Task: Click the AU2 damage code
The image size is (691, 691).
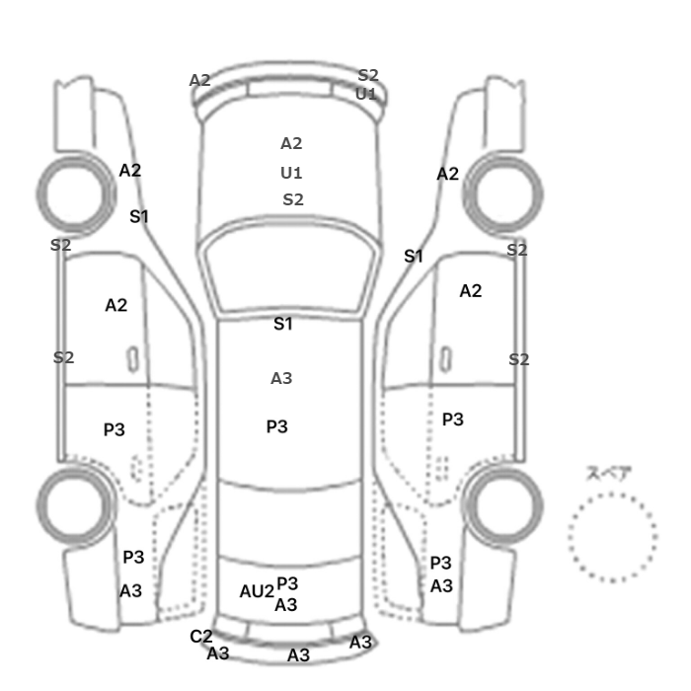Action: click(257, 591)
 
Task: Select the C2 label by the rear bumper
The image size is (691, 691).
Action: click(201, 637)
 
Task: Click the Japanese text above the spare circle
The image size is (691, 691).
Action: click(603, 473)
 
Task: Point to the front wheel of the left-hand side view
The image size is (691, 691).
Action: click(76, 193)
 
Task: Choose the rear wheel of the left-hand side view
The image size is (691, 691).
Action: click(76, 506)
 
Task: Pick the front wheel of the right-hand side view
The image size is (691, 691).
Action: click(502, 193)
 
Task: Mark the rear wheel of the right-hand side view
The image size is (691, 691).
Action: click(503, 506)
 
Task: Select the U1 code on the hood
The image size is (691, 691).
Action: click(291, 173)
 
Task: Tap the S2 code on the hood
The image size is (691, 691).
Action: click(293, 199)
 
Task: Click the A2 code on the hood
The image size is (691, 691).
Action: click(291, 144)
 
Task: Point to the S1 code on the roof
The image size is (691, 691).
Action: click(283, 324)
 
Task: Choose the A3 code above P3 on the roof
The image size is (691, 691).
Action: click(281, 378)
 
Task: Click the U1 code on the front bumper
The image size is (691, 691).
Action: click(366, 94)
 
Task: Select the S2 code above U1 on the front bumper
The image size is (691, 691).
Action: click(368, 75)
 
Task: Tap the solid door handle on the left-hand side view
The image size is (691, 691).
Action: click(132, 359)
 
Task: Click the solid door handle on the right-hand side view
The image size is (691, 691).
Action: click(446, 359)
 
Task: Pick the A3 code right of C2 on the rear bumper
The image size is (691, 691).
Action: click(218, 653)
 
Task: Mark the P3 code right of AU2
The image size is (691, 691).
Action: click(287, 583)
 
